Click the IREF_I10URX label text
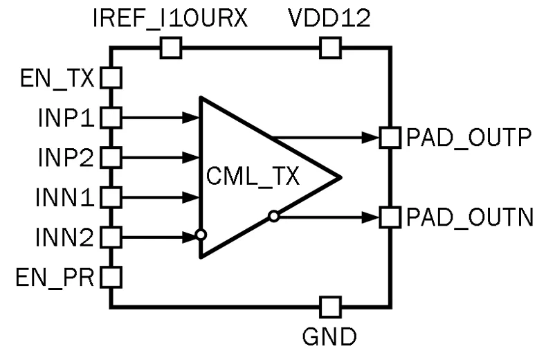coord(170,19)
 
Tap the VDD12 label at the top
coord(329,19)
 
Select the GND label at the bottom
coord(329,337)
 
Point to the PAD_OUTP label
coord(468,138)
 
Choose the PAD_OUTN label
coord(469,217)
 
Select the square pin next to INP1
coord(111,118)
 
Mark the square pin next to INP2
coord(111,158)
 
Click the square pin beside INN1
coord(111,197)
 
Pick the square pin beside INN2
coord(111,237)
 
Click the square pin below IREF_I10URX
coord(170,48)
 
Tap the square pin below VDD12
coord(330,48)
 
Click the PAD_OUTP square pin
coord(391,138)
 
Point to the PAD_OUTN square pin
coord(391,217)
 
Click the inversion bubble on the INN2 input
coord(201,235)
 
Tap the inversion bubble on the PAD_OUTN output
coord(274,217)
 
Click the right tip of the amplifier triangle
coord(338,177)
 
